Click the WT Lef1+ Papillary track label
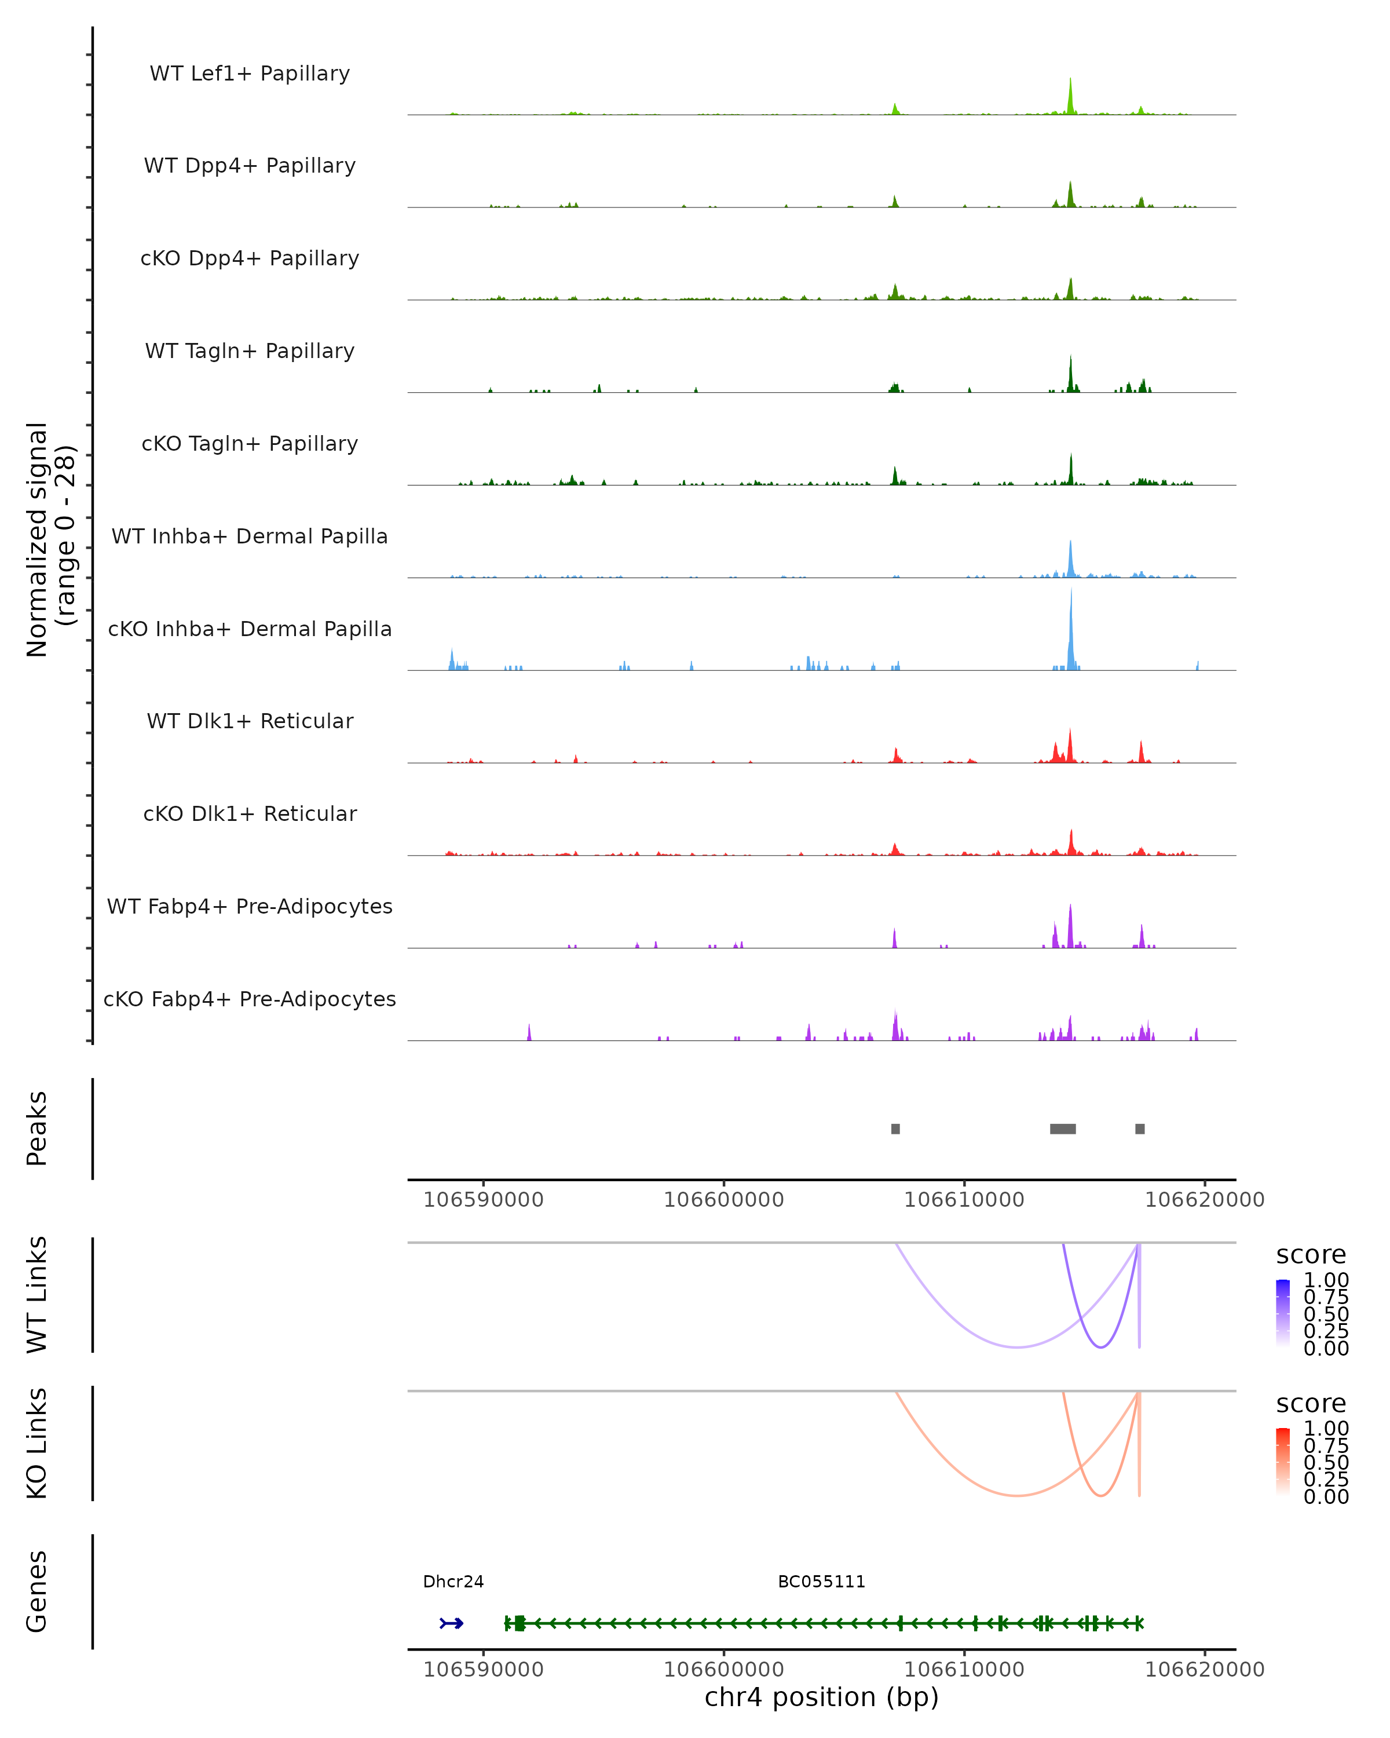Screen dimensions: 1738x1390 pos(250,74)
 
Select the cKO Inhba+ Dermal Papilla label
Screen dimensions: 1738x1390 pos(250,629)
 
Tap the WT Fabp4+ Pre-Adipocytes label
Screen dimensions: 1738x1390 pos(250,906)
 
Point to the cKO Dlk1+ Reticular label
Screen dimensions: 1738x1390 pos(250,813)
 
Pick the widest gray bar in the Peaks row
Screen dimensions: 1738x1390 pos(1062,1129)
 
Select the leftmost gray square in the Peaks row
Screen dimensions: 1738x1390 pos(895,1129)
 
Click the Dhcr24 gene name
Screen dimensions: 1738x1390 pos(453,1582)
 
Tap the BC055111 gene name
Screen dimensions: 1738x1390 pos(821,1582)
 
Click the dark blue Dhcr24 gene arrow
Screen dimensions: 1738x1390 pos(451,1623)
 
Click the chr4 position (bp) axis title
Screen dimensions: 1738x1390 pos(821,1697)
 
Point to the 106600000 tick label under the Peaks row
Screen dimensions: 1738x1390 pos(723,1200)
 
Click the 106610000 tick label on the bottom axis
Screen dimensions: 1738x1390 pos(964,1670)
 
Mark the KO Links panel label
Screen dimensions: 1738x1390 pos(37,1443)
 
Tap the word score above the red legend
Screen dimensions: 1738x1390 pos(1311,1404)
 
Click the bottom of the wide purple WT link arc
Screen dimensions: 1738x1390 pos(1018,1346)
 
